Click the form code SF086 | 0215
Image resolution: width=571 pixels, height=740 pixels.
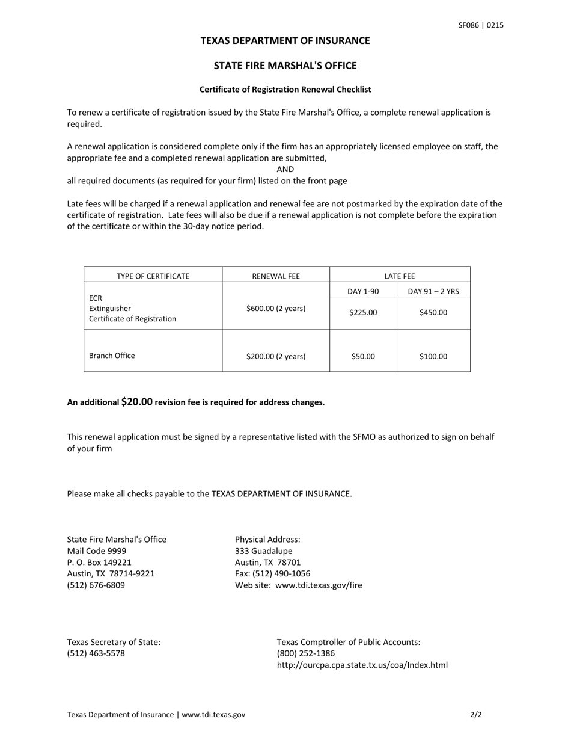tap(481, 25)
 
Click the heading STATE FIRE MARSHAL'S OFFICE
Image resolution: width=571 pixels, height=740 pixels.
tap(285, 66)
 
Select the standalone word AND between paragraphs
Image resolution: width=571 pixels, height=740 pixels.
tap(285, 170)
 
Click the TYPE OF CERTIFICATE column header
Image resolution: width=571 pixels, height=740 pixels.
tap(153, 276)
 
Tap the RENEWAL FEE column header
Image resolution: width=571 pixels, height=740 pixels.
tap(275, 276)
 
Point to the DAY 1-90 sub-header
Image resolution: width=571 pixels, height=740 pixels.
tap(363, 292)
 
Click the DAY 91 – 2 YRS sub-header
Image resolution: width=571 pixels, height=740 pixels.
tap(433, 292)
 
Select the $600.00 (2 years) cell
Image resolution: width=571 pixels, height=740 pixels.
tap(275, 309)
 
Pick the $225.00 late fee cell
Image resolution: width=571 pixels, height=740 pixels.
tap(363, 312)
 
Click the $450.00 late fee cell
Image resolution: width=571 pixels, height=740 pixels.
tap(433, 312)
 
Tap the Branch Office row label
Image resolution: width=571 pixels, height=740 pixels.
tap(112, 356)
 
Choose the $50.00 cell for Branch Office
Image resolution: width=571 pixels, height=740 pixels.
tap(363, 356)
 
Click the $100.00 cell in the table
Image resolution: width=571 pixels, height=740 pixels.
tap(433, 356)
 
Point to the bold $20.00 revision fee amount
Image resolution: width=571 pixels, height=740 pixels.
tap(137, 401)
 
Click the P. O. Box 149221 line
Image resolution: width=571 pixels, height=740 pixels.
tap(99, 563)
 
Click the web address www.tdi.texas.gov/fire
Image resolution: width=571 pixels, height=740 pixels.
tap(319, 585)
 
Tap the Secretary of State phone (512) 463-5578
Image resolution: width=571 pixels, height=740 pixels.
tap(96, 653)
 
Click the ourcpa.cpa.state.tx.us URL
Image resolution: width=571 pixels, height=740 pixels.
tap(362, 665)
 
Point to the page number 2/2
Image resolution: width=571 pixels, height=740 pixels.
tap(476, 715)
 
